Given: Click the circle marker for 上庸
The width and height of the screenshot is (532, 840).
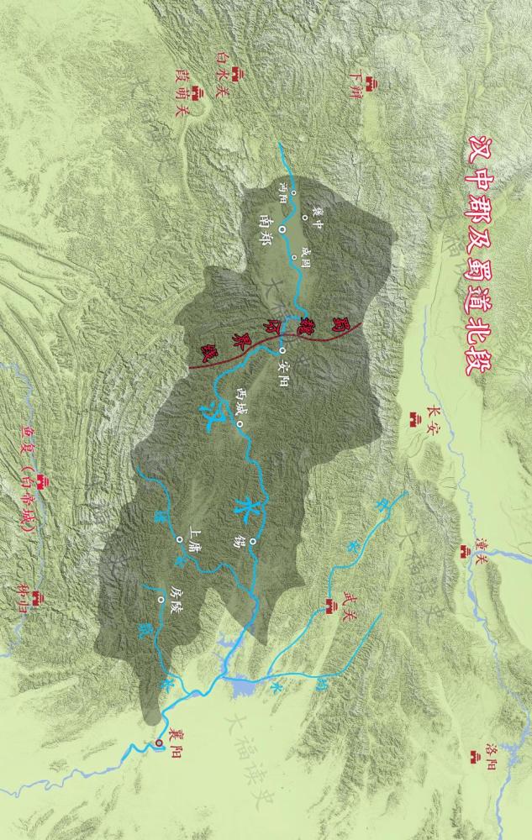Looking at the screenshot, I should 179,538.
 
